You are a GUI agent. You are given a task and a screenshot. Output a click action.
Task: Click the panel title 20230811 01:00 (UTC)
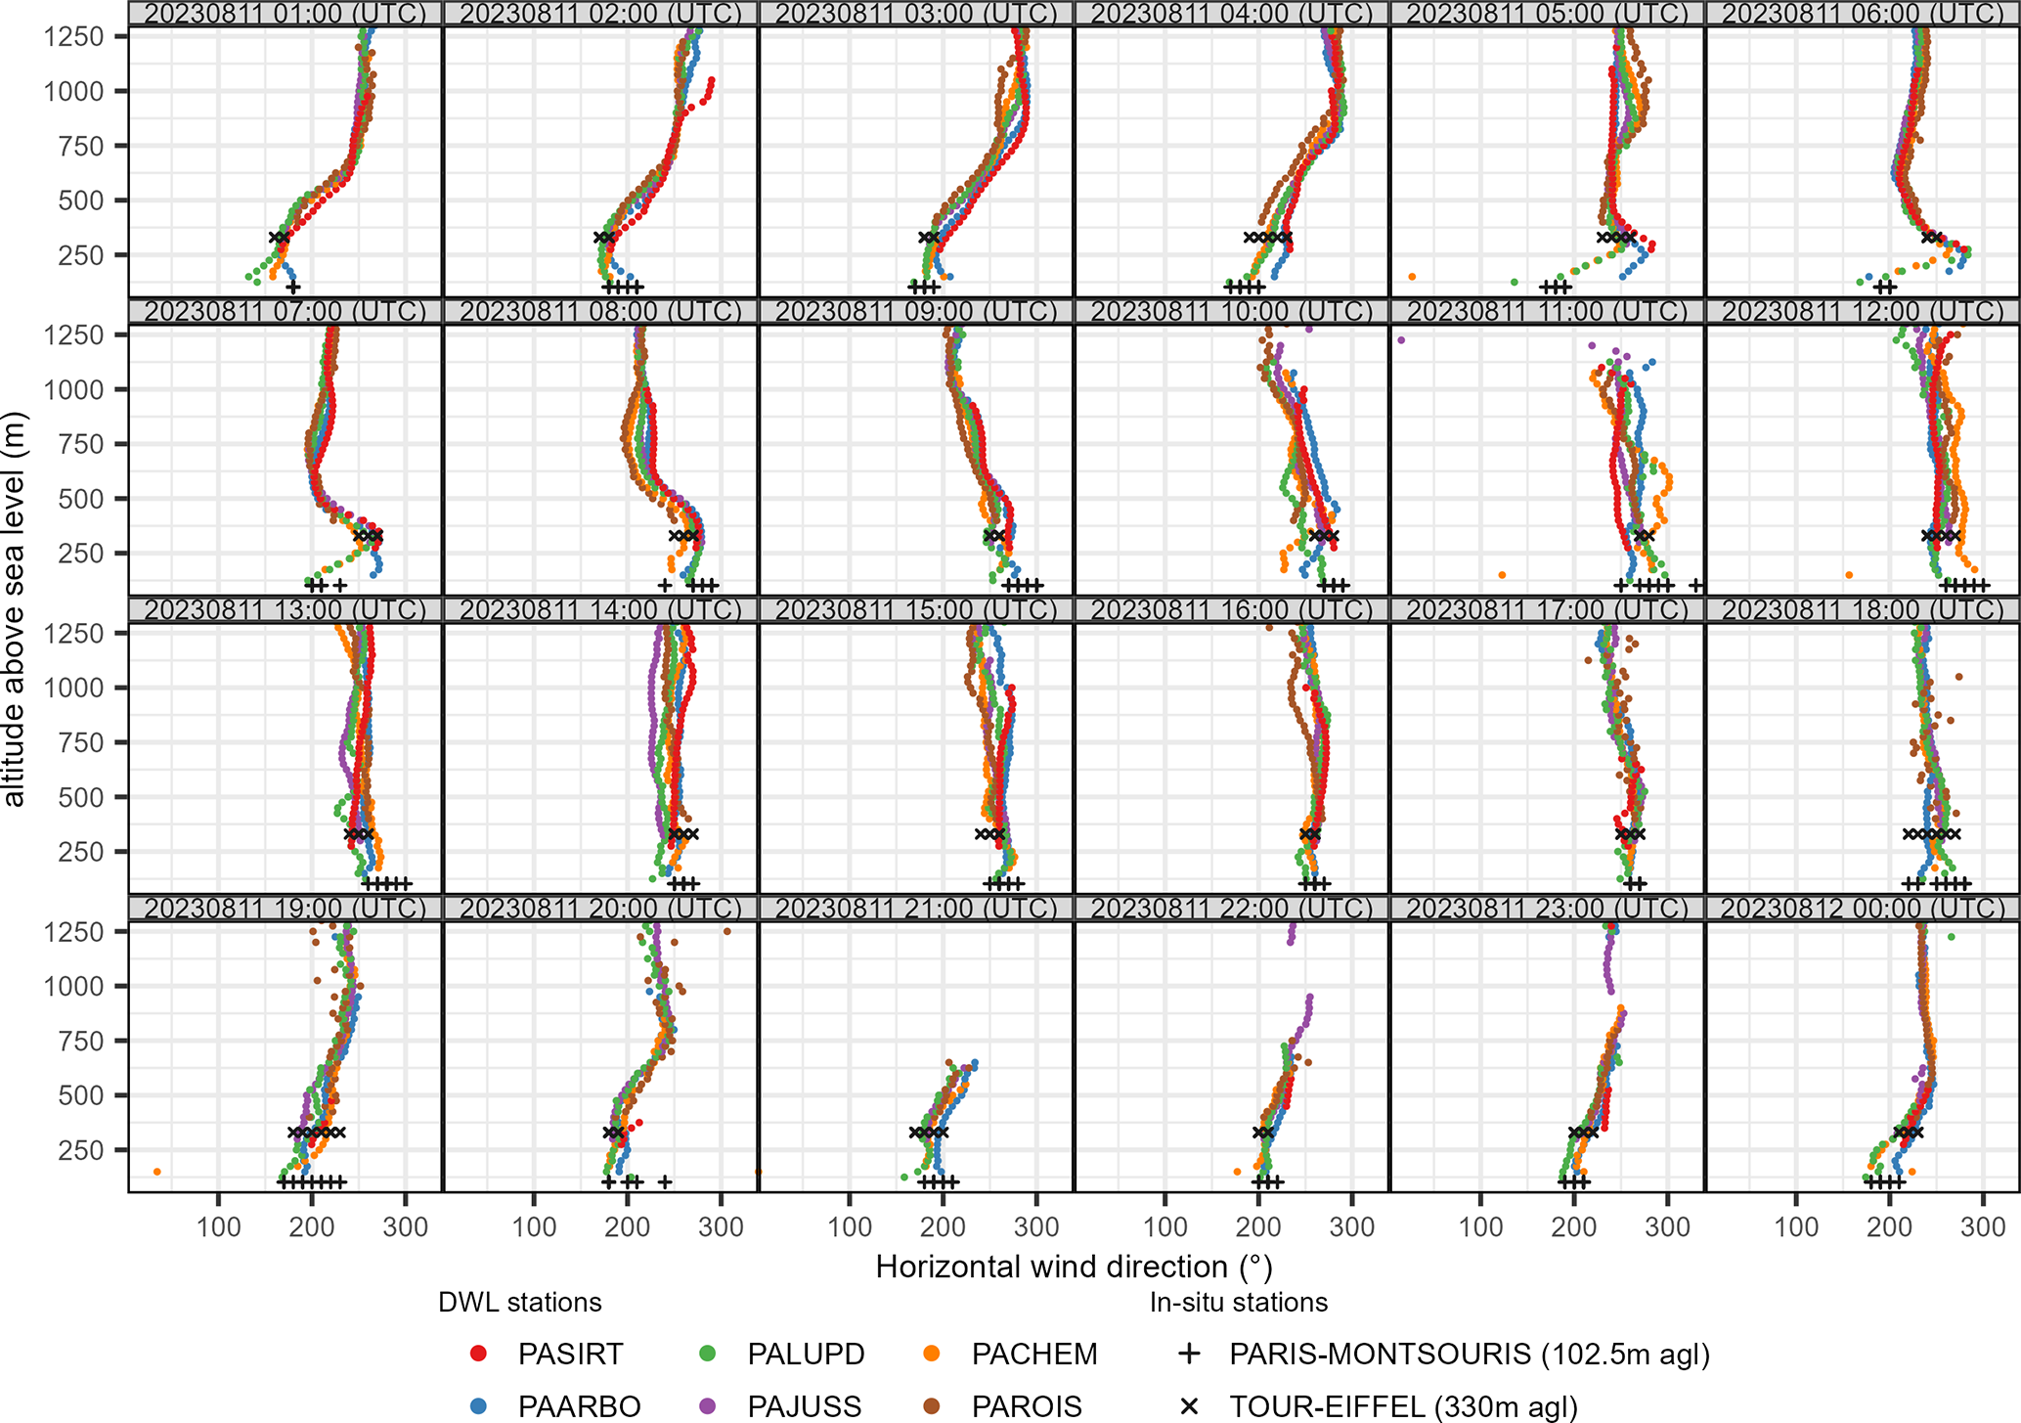[x=286, y=14]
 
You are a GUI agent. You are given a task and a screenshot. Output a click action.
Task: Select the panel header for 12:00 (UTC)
[x=1863, y=312]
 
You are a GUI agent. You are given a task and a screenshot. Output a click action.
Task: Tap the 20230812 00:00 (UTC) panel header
[x=1863, y=909]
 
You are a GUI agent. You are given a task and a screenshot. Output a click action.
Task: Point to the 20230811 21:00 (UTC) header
[x=916, y=909]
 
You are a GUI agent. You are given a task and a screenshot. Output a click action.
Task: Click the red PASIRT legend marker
[x=478, y=1355]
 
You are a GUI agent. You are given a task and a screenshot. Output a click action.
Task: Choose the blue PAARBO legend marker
[x=478, y=1406]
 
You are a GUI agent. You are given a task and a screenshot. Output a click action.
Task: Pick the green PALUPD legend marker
[x=708, y=1355]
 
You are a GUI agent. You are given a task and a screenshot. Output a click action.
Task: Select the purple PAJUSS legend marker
[x=708, y=1406]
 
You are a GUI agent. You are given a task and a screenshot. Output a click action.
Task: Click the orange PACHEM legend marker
[x=932, y=1355]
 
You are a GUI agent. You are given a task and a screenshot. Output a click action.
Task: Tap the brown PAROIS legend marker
[x=932, y=1406]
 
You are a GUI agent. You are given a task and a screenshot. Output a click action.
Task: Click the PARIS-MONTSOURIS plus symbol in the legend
[x=1189, y=1355]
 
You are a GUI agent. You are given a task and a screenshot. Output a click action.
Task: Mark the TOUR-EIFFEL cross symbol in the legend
[x=1189, y=1406]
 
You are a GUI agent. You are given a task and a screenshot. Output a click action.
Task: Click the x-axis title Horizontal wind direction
[x=1074, y=1267]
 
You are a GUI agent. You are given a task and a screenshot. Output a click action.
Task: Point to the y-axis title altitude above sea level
[x=15, y=609]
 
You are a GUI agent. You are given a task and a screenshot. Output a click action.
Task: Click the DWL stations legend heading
[x=519, y=1303]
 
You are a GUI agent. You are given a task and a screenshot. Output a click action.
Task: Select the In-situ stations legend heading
[x=1238, y=1303]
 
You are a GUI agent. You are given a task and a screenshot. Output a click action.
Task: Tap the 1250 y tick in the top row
[x=74, y=37]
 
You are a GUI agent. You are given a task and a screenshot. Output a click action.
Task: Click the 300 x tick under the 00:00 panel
[x=1983, y=1226]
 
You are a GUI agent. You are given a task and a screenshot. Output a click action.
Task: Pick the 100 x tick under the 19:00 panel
[x=218, y=1226]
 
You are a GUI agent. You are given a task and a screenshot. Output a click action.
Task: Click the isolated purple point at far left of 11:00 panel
[x=1401, y=340]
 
